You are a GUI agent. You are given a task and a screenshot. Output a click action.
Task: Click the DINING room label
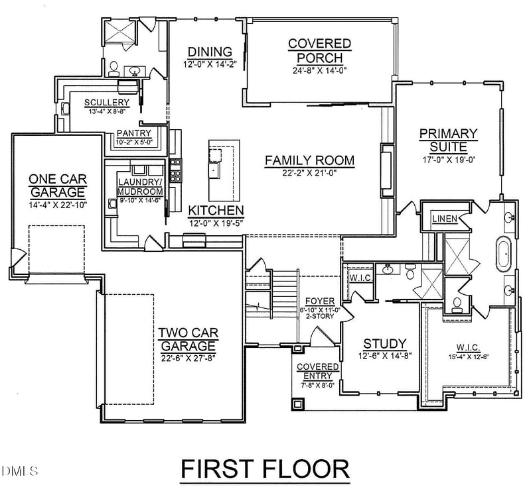209,52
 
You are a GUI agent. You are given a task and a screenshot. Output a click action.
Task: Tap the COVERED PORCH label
319,51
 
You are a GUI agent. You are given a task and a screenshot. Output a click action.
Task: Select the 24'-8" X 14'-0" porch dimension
319,71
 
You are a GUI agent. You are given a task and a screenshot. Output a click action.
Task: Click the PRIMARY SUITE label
448,140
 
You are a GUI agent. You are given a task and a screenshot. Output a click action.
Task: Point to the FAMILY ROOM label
309,160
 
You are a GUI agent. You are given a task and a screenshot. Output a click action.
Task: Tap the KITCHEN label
216,210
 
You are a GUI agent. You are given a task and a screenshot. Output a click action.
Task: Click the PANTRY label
134,133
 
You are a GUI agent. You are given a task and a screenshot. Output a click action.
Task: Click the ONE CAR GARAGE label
58,185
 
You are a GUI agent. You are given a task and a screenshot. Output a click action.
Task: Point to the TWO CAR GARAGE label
187,339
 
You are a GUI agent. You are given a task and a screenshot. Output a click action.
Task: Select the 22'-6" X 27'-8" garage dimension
187,358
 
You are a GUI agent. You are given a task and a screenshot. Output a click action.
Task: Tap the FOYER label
319,301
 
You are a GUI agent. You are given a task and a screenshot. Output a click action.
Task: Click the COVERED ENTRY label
317,371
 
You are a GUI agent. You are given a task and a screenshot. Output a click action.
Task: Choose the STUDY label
384,344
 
